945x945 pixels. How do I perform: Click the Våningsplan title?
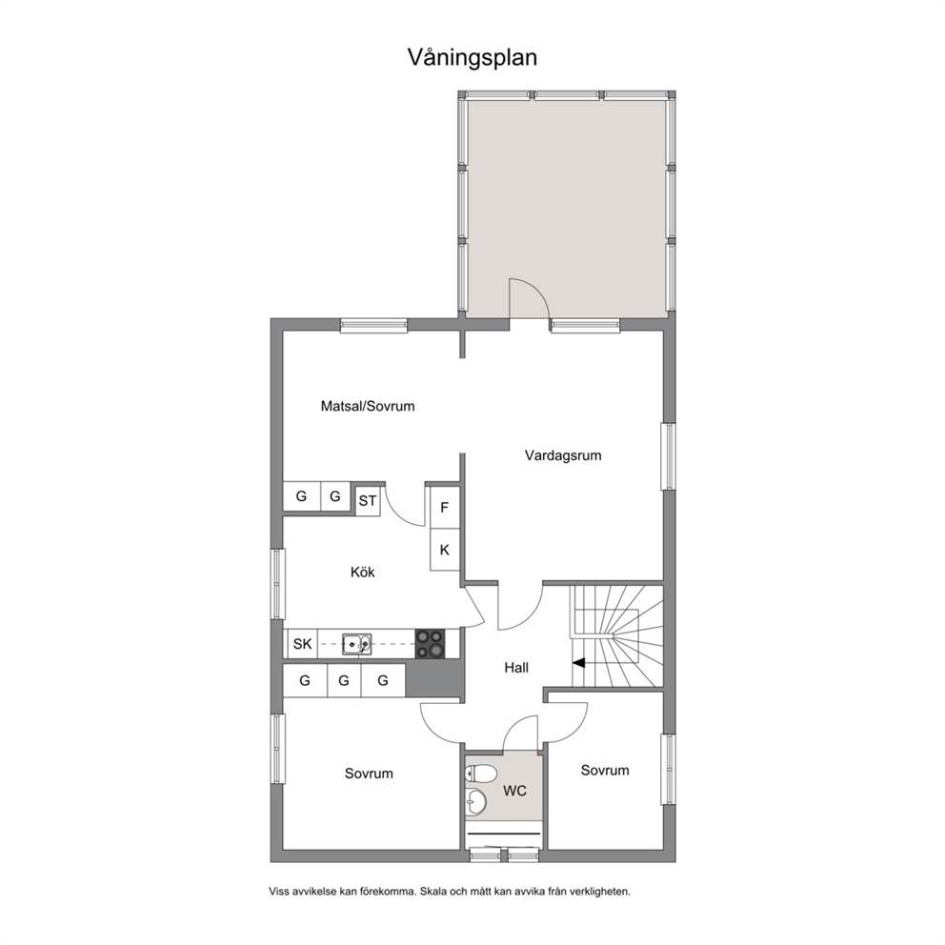pyautogui.click(x=472, y=58)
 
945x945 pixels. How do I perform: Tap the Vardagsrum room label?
pyautogui.click(x=563, y=455)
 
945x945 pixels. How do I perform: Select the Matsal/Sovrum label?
pyautogui.click(x=368, y=406)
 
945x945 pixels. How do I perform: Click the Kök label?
pyautogui.click(x=363, y=572)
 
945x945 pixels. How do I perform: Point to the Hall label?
pyautogui.click(x=516, y=668)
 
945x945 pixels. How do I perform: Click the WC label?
pyautogui.click(x=514, y=791)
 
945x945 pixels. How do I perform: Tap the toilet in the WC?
pyautogui.click(x=480, y=773)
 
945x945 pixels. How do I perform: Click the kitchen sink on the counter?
pyautogui.click(x=357, y=644)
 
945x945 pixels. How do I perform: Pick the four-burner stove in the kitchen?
pyautogui.click(x=430, y=644)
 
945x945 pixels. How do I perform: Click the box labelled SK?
pyautogui.click(x=303, y=644)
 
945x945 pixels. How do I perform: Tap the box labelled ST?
pyautogui.click(x=368, y=501)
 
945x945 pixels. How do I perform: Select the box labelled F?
pyautogui.click(x=445, y=508)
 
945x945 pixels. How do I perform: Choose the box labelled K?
pyautogui.click(x=445, y=550)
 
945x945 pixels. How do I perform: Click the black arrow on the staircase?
pyautogui.click(x=578, y=663)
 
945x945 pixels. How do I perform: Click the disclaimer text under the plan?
pyautogui.click(x=450, y=892)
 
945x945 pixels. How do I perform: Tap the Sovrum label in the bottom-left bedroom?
pyautogui.click(x=369, y=774)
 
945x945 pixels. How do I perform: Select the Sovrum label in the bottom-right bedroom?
pyautogui.click(x=605, y=771)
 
